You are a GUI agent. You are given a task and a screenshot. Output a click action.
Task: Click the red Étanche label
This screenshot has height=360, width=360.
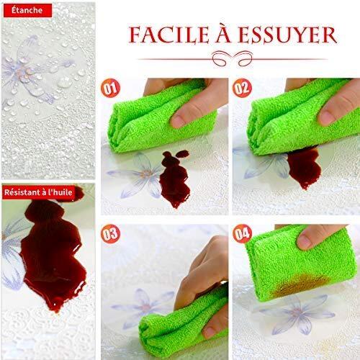(x=27, y=10)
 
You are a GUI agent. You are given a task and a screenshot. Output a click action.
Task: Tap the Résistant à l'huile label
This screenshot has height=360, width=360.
(x=38, y=192)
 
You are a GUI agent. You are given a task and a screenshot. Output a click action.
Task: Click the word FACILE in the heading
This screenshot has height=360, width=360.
(x=169, y=35)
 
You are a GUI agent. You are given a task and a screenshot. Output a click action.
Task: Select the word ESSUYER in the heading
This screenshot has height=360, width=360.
(x=288, y=35)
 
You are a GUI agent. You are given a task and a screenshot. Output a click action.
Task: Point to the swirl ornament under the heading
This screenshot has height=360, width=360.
(x=233, y=58)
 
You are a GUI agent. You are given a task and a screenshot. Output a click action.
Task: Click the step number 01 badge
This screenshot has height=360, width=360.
(x=110, y=88)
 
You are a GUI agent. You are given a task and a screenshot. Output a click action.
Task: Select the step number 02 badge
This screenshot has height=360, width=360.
(x=242, y=88)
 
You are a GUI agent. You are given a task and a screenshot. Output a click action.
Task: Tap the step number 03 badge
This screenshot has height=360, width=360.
(x=110, y=234)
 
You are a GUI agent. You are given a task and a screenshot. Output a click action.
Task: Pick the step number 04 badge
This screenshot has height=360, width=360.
(x=242, y=234)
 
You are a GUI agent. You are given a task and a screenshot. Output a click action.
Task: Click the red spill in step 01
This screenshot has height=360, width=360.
(x=175, y=178)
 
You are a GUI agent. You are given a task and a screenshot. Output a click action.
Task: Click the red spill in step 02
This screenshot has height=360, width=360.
(x=305, y=167)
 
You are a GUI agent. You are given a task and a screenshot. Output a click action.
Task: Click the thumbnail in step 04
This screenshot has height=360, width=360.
(x=304, y=241)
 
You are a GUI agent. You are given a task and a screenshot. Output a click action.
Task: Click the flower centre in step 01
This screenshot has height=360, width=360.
(x=147, y=174)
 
